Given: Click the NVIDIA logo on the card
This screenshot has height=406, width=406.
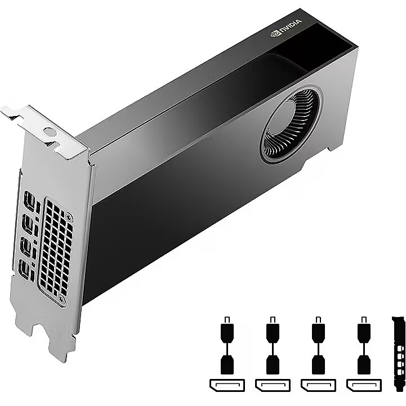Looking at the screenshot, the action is click(286, 28).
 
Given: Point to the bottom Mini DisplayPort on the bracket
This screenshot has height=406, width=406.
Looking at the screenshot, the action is click(24, 269).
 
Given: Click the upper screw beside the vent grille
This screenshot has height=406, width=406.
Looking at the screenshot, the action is click(69, 217).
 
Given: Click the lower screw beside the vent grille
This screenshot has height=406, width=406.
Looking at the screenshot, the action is click(61, 300).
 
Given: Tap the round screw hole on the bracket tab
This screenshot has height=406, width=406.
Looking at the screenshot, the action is click(50, 132).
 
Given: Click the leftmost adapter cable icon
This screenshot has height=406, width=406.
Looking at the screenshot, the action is click(227, 345).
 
